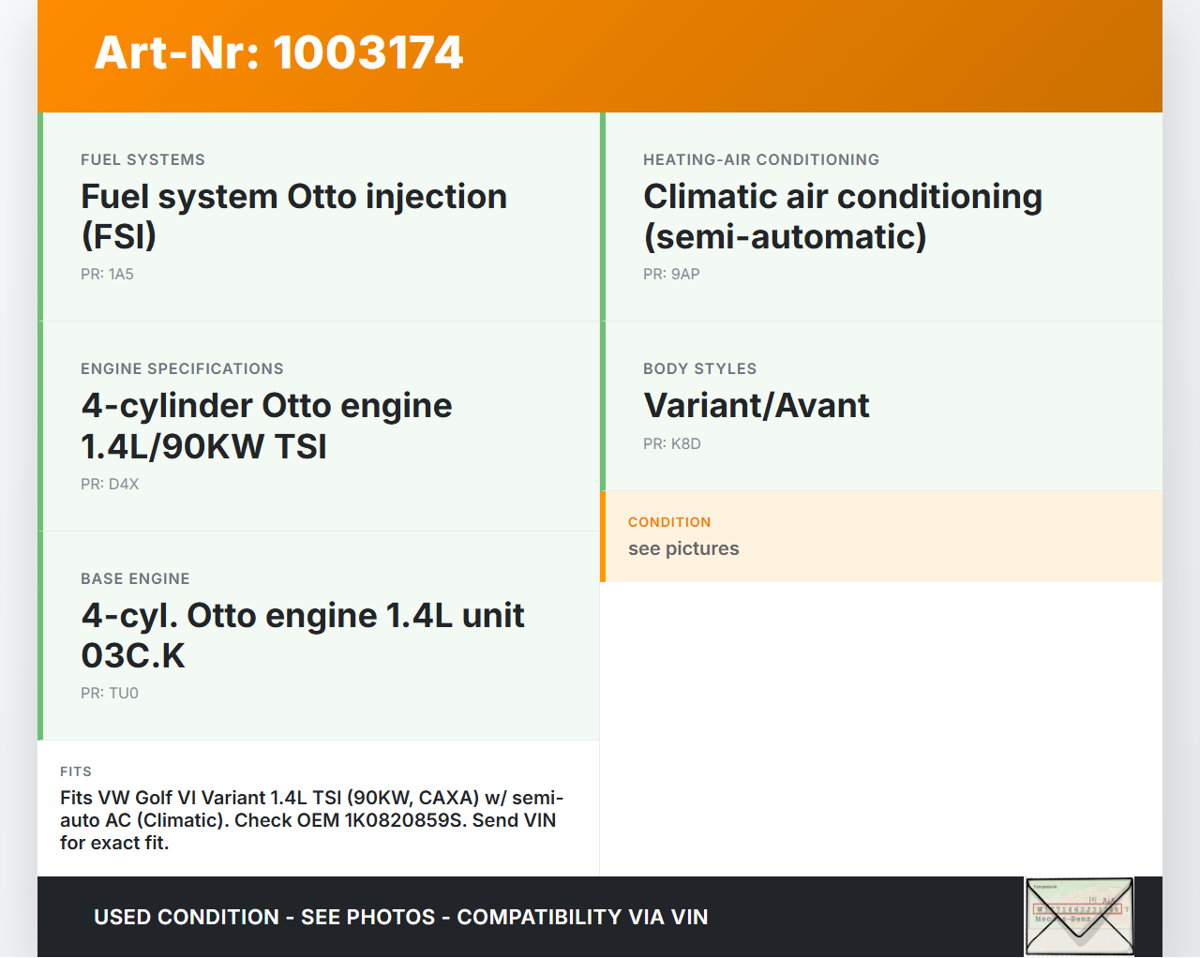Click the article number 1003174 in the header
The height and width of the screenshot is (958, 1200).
(367, 52)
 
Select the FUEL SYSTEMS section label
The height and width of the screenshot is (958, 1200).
(142, 159)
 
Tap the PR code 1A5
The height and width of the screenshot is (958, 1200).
(121, 274)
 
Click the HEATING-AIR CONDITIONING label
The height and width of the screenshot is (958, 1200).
(761, 159)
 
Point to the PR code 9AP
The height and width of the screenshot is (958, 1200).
(685, 274)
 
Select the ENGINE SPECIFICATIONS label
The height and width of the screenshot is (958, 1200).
(182, 368)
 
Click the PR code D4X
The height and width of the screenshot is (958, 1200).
(123, 484)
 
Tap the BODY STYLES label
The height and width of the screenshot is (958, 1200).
(699, 368)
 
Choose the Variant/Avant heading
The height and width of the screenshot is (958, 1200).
(757, 405)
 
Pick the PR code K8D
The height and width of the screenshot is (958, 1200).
(686, 443)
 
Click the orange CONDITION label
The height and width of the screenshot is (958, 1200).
(669, 522)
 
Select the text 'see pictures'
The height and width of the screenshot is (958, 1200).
(683, 548)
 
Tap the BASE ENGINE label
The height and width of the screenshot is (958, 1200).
(135, 578)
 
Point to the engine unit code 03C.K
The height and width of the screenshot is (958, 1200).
(133, 655)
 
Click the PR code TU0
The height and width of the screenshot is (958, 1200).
(123, 693)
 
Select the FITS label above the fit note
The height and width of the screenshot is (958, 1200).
(76, 771)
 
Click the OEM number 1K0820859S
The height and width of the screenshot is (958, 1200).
(403, 820)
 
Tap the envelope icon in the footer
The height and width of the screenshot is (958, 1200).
(1079, 916)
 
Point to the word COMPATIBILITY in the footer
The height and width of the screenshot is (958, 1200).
(539, 918)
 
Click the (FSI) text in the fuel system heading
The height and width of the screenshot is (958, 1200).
(119, 236)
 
